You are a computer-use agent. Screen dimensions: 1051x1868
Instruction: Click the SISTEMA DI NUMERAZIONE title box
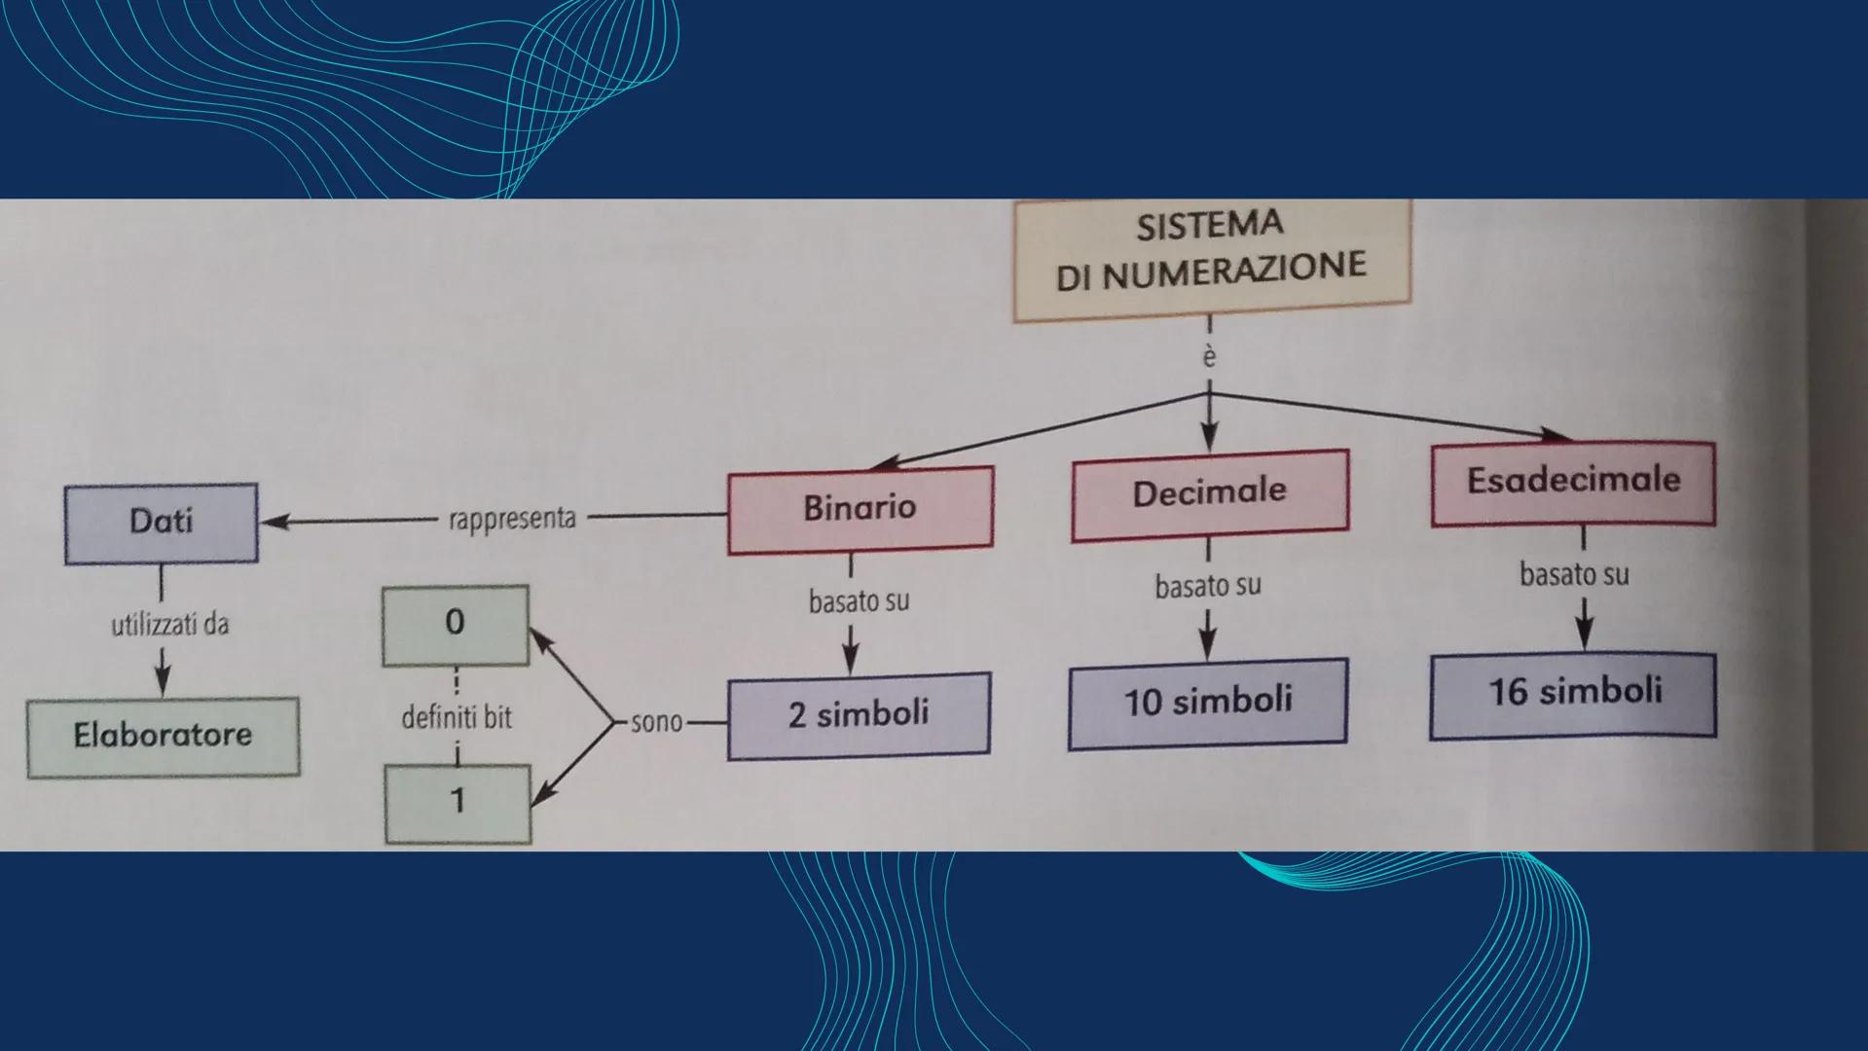(x=1211, y=260)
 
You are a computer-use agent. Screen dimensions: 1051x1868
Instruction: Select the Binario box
(x=861, y=509)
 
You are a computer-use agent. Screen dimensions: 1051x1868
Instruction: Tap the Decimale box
(x=1210, y=493)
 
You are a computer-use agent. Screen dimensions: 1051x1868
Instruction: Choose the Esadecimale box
(x=1573, y=483)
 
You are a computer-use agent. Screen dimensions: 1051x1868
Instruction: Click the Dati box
(x=162, y=523)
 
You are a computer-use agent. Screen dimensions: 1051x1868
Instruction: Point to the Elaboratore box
(x=163, y=736)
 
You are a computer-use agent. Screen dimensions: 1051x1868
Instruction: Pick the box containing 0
(x=456, y=624)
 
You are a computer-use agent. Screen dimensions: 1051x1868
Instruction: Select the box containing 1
(x=458, y=803)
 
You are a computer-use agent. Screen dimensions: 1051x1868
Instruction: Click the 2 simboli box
(x=859, y=714)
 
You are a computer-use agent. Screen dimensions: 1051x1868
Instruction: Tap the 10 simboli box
(x=1207, y=703)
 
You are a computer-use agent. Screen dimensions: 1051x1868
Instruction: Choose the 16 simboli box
(x=1573, y=693)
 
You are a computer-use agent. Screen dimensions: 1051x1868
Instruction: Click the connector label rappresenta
(x=512, y=519)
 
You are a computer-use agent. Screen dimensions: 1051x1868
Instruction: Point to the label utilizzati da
(x=170, y=624)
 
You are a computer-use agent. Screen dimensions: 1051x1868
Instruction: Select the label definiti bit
(x=457, y=718)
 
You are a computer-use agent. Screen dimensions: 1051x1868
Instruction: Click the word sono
(x=656, y=722)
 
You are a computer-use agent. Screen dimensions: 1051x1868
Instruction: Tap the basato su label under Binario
(x=859, y=601)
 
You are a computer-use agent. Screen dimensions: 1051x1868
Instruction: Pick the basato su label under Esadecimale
(x=1574, y=574)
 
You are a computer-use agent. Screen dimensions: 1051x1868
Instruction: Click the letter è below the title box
(x=1209, y=358)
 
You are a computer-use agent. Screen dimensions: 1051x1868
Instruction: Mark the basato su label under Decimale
(x=1208, y=586)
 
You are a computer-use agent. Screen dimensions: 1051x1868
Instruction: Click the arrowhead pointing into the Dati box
(x=274, y=523)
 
